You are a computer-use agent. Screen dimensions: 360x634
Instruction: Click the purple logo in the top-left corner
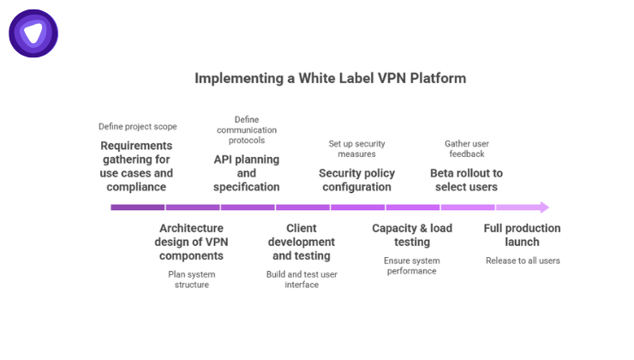pos(33,33)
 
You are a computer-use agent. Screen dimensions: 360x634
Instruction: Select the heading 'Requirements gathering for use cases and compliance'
pos(136,166)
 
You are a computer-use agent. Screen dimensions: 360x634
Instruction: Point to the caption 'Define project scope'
pos(137,127)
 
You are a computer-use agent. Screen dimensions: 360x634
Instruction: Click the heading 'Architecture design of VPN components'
pos(192,243)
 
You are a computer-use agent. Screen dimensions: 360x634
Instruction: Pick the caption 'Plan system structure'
pos(192,279)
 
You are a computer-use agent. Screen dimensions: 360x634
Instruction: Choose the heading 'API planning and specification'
pos(247,173)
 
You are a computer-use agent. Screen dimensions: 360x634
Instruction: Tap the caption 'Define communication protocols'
pos(247,129)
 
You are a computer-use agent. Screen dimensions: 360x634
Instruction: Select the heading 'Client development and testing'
pos(302,243)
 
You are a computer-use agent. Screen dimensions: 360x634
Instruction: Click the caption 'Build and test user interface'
pos(302,279)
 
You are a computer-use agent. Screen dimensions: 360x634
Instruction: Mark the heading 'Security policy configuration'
pos(356,180)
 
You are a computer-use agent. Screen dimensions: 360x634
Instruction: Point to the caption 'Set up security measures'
pos(356,148)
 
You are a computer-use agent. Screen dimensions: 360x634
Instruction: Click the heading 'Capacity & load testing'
pos(411,235)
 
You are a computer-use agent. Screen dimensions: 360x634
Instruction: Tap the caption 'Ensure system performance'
pos(411,266)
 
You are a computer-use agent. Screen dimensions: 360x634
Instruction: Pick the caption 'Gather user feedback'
pos(466,148)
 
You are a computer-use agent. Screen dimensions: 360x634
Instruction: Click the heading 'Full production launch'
pos(522,235)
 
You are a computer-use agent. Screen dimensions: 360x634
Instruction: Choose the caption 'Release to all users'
pos(522,261)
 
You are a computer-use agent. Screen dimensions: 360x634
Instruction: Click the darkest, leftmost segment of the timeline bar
pos(137,207)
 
